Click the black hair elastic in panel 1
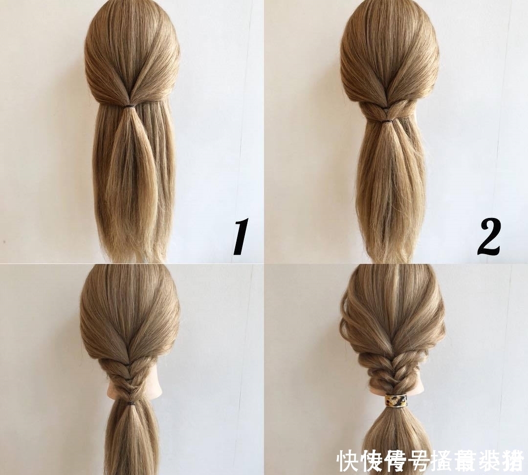(130, 106)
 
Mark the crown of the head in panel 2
(389, 29)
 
